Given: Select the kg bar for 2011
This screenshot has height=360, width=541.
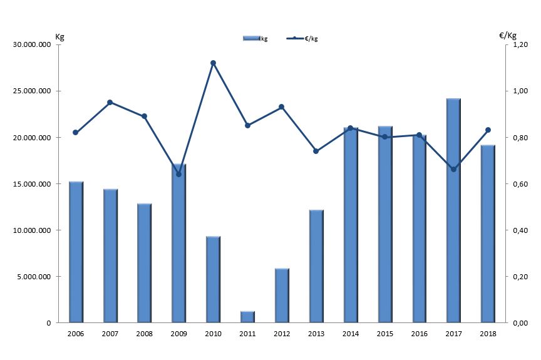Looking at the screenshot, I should tap(248, 317).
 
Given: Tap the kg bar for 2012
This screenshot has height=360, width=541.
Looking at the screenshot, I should tap(282, 296).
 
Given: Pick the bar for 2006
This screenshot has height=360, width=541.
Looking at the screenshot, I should tap(76, 252).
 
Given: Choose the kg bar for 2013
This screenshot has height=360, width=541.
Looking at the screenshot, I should tap(316, 266).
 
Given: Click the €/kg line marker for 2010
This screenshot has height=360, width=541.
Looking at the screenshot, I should tap(213, 63).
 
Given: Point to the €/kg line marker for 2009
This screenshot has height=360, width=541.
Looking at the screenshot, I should tap(178, 174).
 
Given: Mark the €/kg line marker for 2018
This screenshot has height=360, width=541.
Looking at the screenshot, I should tap(488, 130).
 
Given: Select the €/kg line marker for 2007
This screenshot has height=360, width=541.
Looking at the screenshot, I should tap(110, 102).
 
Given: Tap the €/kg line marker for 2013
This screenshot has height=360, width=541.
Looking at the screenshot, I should tap(316, 151).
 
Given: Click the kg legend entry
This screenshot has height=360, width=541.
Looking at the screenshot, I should tap(255, 39).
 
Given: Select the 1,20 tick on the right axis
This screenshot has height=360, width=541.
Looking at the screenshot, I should tap(520, 44).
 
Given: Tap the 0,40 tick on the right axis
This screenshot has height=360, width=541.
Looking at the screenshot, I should tap(520, 230).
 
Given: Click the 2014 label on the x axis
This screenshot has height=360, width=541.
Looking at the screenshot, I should tap(351, 334).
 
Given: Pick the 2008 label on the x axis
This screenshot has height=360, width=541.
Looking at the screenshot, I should tap(144, 334).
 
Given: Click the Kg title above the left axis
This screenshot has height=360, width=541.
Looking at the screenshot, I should tap(59, 36).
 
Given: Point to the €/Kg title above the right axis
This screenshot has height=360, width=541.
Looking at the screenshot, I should tap(508, 35).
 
